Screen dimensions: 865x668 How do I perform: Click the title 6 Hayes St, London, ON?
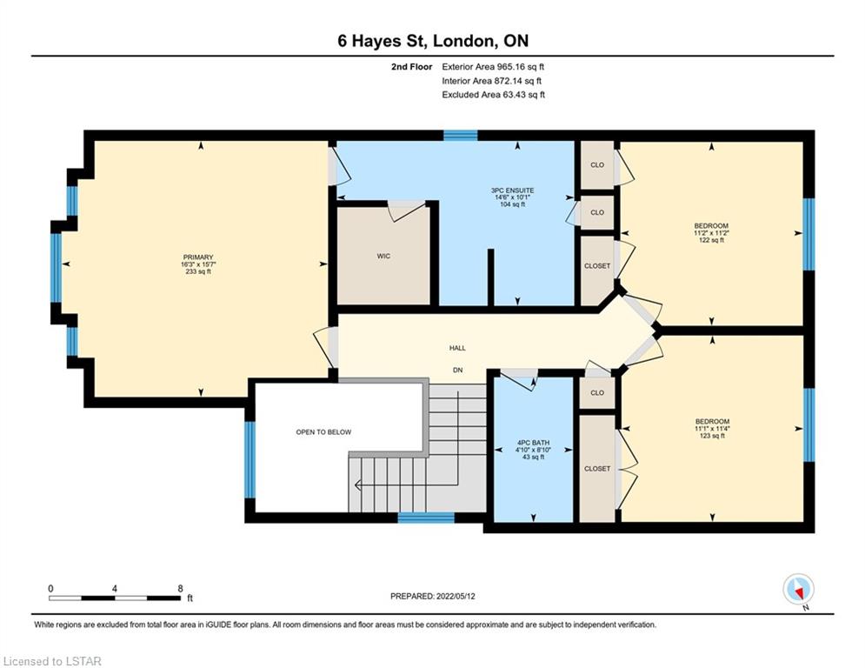click(433, 41)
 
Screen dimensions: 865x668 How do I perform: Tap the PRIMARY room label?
click(198, 257)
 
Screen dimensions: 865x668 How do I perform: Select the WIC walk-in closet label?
click(383, 257)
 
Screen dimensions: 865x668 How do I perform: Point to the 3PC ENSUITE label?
click(513, 190)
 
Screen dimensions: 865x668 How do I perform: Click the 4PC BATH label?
click(533, 443)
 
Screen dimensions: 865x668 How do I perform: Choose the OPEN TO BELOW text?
click(323, 432)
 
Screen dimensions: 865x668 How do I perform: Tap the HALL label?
click(457, 348)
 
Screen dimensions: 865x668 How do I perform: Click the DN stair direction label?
click(457, 371)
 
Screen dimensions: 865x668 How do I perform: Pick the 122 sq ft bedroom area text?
click(711, 240)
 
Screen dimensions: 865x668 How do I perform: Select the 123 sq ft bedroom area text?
click(712, 436)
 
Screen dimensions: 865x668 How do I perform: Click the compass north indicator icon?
click(799, 590)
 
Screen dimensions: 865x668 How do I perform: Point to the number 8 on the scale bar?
click(181, 589)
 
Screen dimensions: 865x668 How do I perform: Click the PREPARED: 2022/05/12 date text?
click(433, 596)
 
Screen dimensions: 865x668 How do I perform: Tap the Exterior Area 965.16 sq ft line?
click(493, 67)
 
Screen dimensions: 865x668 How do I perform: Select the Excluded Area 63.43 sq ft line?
click(493, 95)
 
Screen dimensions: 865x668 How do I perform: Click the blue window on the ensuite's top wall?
click(461, 136)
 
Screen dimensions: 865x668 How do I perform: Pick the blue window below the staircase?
click(426, 518)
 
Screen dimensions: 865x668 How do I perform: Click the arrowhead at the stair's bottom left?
click(357, 486)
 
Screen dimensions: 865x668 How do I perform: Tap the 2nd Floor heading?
click(411, 67)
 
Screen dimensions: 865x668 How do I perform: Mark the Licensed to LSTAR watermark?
click(52, 661)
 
